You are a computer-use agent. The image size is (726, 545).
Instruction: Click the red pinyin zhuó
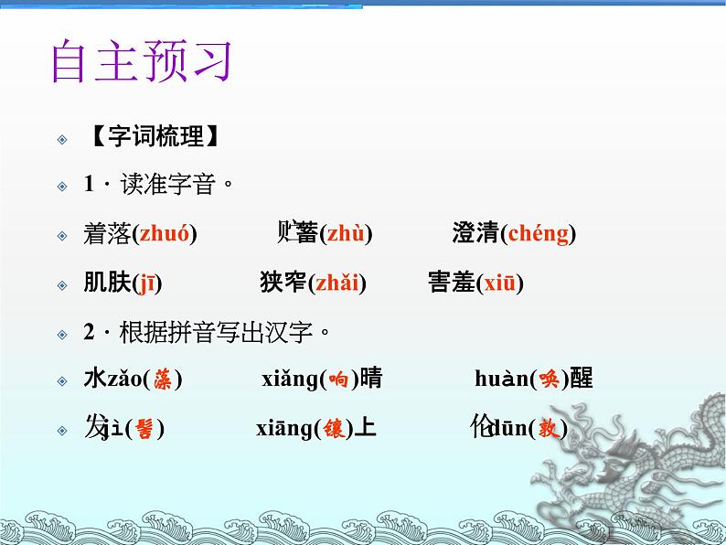pyautogui.click(x=165, y=234)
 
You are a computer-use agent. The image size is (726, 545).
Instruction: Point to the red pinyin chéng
pyautogui.click(x=538, y=234)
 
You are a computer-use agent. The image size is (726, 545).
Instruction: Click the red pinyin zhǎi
pyautogui.click(x=336, y=283)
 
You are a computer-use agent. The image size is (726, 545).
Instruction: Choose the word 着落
pyautogui.click(x=107, y=234)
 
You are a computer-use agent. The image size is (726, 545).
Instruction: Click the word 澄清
pyautogui.click(x=475, y=234)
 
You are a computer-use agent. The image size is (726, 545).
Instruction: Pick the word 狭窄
pyautogui.click(x=283, y=283)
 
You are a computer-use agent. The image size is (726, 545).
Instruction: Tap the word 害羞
pyautogui.click(x=452, y=283)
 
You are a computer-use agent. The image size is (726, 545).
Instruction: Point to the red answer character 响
pyautogui.click(x=337, y=379)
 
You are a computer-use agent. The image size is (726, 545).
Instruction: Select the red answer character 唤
pyautogui.click(x=549, y=379)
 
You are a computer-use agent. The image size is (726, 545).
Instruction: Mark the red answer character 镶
pyautogui.click(x=336, y=428)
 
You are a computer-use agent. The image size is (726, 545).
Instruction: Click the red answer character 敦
pyautogui.click(x=547, y=428)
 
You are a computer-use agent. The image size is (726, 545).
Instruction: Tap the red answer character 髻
pyautogui.click(x=144, y=428)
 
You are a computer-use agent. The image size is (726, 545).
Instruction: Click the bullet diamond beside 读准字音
pyautogui.click(x=62, y=186)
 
